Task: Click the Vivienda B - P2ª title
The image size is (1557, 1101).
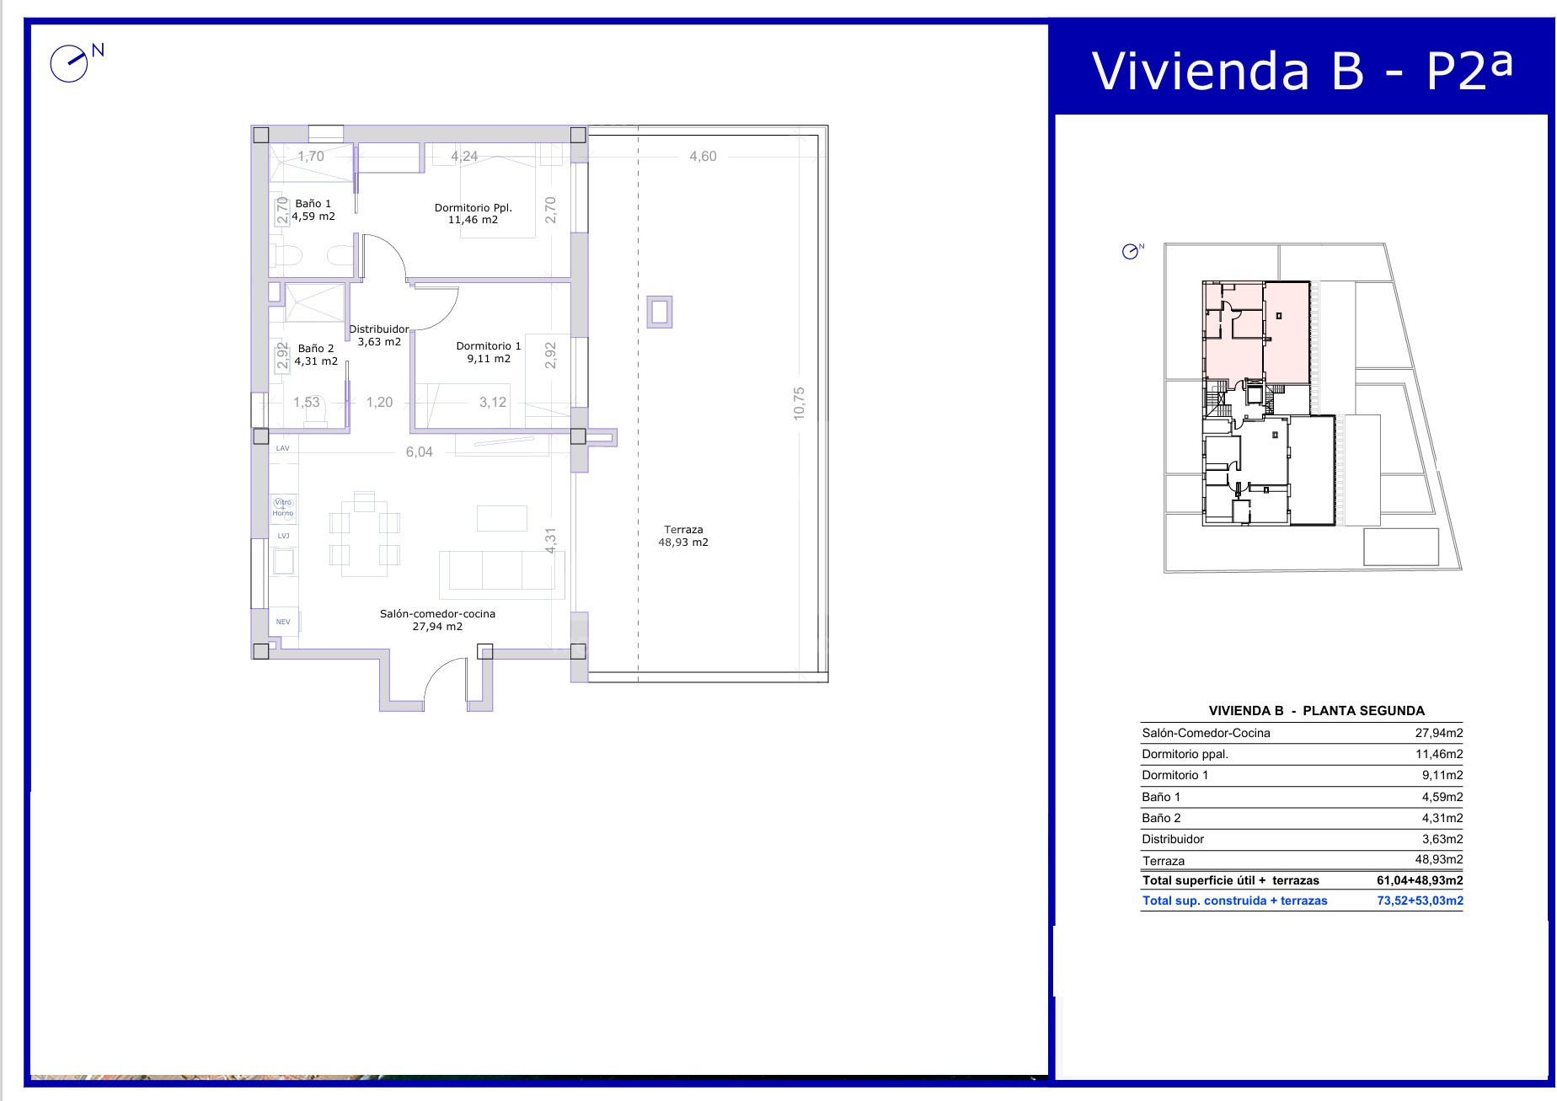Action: (x=1303, y=70)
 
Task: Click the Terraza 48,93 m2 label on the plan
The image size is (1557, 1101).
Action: (x=683, y=536)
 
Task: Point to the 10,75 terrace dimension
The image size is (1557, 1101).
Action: (x=799, y=403)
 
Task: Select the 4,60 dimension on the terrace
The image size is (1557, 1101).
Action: (x=703, y=156)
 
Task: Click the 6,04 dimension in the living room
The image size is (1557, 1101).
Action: (x=420, y=452)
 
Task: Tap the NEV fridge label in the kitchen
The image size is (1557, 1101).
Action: (x=283, y=622)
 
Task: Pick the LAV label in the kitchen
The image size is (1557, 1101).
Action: (x=283, y=448)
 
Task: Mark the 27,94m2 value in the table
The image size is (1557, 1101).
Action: (x=1438, y=733)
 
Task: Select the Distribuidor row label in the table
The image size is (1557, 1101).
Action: (x=1173, y=839)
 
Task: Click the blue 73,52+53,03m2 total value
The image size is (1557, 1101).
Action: (x=1420, y=901)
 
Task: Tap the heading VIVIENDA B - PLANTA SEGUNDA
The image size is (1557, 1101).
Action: (x=1316, y=710)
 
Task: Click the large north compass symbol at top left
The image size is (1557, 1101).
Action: (x=69, y=63)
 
